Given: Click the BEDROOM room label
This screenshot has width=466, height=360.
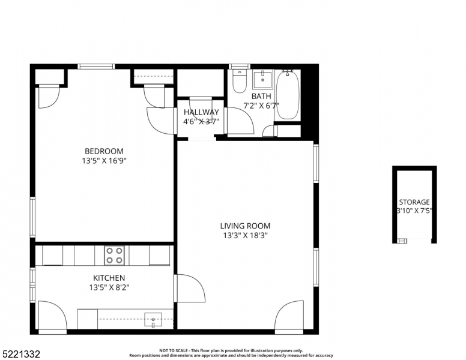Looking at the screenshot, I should coord(104,151).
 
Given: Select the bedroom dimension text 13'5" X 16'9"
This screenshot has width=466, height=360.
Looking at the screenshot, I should coord(104,161).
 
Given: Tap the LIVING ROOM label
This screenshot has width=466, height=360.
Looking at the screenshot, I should coord(245,226).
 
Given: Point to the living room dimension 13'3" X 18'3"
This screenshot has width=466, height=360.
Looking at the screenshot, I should coord(245,236).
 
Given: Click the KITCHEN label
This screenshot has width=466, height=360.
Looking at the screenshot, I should coord(109,278).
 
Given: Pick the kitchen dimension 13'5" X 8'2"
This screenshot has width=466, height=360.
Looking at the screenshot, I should coord(109,287).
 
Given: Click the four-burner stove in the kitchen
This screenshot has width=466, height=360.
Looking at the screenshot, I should coord(115,256).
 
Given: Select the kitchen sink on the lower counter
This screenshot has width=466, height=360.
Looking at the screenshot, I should coord(153,319).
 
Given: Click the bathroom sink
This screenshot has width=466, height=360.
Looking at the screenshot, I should coord(262,79).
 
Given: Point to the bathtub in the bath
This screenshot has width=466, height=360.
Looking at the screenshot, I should coord(288,95).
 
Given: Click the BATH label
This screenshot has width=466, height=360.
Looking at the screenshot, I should coord(261,96).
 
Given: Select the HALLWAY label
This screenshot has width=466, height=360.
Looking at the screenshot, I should coord(201,112).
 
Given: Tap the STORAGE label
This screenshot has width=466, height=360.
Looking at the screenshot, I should coord(414,202).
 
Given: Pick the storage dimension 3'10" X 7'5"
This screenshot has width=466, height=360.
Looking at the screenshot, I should coord(414,211).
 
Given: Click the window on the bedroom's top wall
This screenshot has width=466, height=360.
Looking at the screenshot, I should coord(96,67).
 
